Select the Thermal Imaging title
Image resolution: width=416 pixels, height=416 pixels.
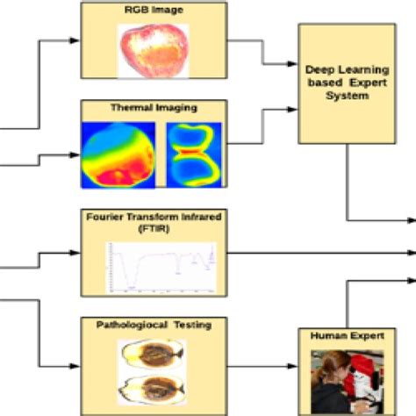pos(153,108)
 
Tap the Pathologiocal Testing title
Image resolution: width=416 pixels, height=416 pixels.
pos(153,326)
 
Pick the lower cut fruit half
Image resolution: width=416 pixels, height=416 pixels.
pos(152,387)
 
